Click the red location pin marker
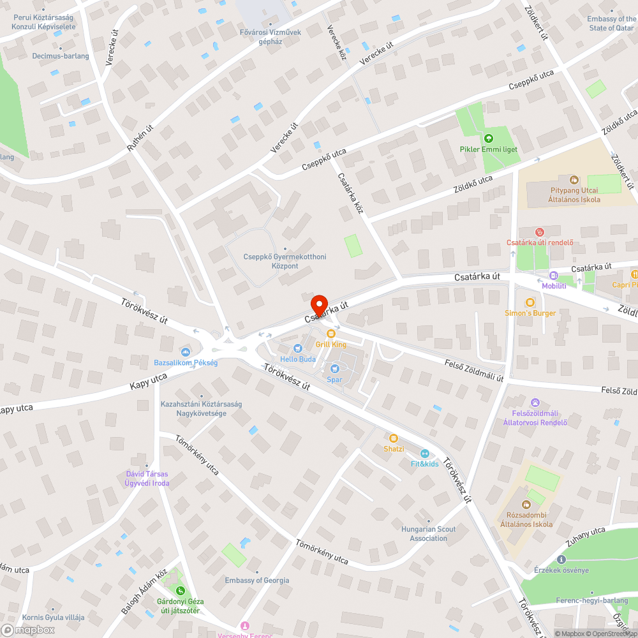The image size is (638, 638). click(318, 304)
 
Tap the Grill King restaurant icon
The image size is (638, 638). click(330, 333)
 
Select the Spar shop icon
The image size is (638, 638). click(334, 368)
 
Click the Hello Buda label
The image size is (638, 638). click(298, 359)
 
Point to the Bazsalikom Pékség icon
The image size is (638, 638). click(186, 352)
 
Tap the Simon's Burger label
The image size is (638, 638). click(530, 313)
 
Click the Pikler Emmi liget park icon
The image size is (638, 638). click(489, 138)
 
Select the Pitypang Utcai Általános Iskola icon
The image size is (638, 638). click(574, 180)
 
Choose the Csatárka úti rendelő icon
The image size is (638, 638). click(540, 232)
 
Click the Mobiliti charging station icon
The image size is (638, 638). click(553, 277)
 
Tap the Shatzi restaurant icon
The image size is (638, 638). click(394, 438)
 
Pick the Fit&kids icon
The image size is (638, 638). click(424, 453)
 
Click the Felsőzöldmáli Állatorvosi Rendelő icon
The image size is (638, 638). click(535, 403)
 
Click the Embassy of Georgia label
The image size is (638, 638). click(256, 581)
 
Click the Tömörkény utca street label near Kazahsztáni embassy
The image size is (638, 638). click(197, 456)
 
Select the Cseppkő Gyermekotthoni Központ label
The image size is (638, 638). click(285, 261)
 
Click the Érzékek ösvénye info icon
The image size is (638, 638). click(561, 560)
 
